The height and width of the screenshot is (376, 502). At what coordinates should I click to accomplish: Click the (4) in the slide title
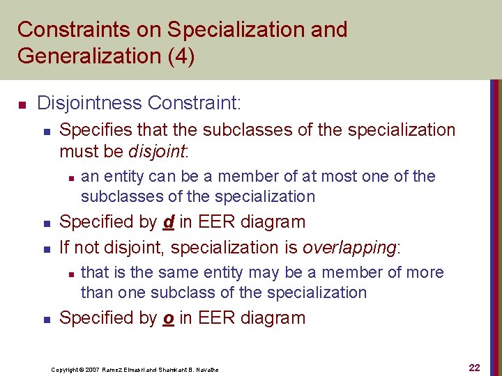pyautogui.click(x=179, y=56)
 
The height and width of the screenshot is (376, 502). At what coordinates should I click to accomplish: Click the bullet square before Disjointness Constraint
pyautogui.click(x=22, y=105)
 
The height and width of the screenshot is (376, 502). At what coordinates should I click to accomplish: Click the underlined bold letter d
pyautogui.click(x=168, y=222)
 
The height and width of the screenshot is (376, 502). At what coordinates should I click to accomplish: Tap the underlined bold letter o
pyautogui.click(x=168, y=318)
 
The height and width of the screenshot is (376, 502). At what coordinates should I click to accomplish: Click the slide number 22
pyautogui.click(x=474, y=367)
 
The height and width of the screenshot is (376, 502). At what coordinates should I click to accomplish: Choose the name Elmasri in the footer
pyautogui.click(x=139, y=369)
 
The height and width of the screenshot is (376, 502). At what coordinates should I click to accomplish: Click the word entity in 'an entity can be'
pyautogui.click(x=119, y=177)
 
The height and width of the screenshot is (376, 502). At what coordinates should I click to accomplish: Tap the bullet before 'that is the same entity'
pyautogui.click(x=68, y=274)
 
